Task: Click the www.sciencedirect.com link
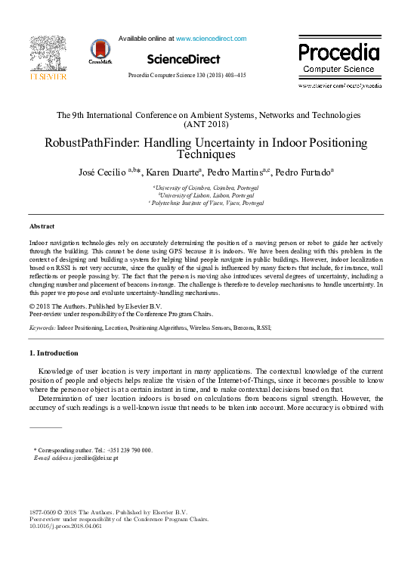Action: pyautogui.click(x=211, y=39)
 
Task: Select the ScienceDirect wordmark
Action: pyautogui.click(x=184, y=59)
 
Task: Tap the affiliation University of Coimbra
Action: pyautogui.click(x=205, y=187)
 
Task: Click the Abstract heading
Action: pyautogui.click(x=42, y=226)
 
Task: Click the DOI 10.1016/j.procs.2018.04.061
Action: pyautogui.click(x=65, y=526)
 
